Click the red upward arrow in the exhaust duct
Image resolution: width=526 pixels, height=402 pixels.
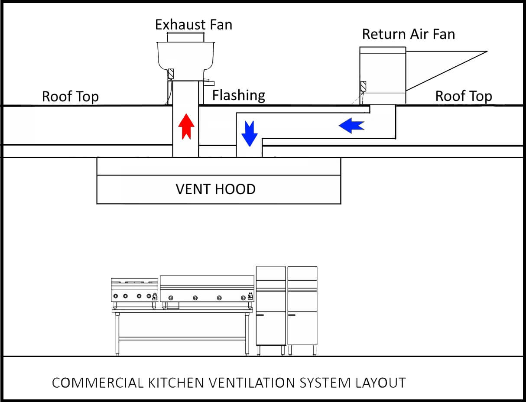(186, 126)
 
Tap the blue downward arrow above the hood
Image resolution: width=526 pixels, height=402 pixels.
(250, 133)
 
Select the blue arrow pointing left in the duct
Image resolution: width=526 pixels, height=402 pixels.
(351, 126)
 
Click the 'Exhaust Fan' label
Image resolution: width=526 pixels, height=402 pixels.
(194, 25)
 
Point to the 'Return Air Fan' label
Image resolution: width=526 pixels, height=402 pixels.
(408, 34)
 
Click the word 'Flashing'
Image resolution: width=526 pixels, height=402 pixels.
(238, 95)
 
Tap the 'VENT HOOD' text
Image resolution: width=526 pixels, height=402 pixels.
(215, 189)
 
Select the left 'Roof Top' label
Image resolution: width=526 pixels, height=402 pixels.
(70, 96)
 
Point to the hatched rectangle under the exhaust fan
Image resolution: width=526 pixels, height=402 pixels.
(171, 74)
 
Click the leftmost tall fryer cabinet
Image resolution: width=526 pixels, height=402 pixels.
(271, 305)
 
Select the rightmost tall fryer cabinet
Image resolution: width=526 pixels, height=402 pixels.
(302, 305)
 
